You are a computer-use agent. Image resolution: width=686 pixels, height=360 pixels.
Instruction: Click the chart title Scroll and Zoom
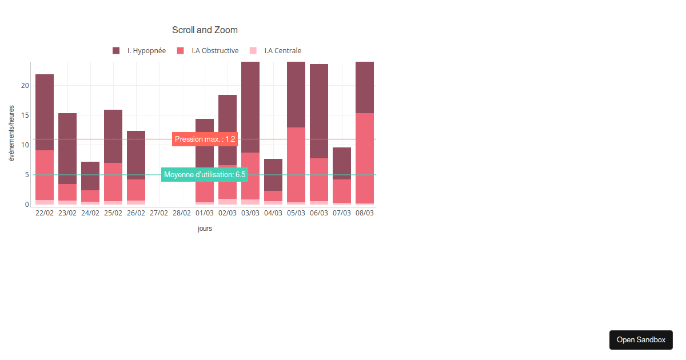click(205, 30)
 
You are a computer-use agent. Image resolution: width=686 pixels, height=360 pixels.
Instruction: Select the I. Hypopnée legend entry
click(139, 51)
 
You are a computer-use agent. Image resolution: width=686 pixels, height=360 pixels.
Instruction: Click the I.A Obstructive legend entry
click(208, 51)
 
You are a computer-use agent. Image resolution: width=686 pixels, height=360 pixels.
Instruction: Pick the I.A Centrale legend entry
click(276, 51)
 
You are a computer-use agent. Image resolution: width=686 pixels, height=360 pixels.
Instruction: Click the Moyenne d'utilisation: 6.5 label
click(205, 174)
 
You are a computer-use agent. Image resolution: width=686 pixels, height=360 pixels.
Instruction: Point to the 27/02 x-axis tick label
click(159, 213)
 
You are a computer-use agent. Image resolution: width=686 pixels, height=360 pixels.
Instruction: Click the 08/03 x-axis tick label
click(365, 213)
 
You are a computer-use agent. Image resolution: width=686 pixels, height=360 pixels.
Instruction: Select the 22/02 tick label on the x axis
click(45, 213)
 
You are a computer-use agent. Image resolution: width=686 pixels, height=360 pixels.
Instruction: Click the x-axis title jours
click(205, 229)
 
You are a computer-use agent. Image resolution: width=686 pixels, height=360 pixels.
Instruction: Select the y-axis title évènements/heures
click(11, 133)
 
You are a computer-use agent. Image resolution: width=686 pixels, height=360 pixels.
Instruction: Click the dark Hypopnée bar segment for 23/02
click(67, 149)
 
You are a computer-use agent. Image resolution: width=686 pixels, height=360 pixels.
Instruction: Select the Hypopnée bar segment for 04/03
click(273, 175)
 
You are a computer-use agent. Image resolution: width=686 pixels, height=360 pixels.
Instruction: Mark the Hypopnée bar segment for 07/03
click(342, 163)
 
